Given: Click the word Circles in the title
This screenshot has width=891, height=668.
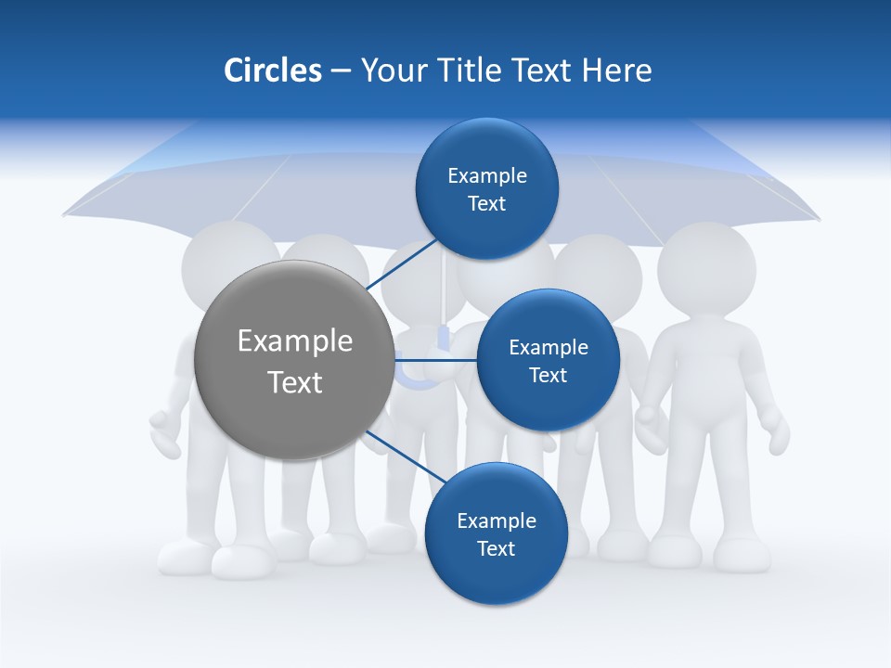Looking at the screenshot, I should click(x=272, y=70).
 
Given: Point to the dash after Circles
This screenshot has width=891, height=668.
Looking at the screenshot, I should click(x=340, y=71).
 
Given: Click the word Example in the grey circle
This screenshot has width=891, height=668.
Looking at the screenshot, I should click(x=294, y=340).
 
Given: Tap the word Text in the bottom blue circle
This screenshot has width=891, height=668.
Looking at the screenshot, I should click(x=496, y=548).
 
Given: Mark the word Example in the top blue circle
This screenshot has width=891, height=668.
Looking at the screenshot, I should click(x=486, y=175).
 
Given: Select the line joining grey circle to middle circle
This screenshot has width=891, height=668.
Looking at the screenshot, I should click(x=434, y=359).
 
